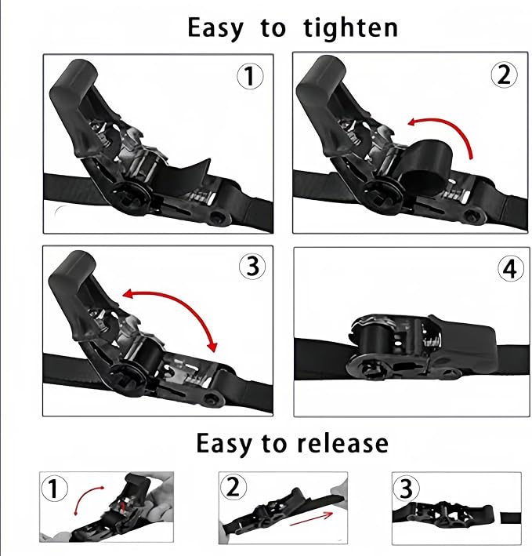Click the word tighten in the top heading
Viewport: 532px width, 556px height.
click(x=351, y=27)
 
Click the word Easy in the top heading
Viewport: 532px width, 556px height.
click(x=215, y=28)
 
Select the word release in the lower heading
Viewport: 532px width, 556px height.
click(x=343, y=443)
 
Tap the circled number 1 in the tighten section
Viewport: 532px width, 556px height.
click(x=250, y=76)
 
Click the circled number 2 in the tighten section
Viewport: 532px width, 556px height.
click(x=504, y=74)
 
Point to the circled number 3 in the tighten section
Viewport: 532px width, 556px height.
click(x=252, y=267)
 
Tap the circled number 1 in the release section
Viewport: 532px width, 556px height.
click(x=54, y=488)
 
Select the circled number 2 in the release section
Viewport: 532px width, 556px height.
click(x=233, y=486)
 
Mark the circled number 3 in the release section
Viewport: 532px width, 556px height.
click(x=406, y=488)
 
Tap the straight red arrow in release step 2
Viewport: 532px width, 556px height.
click(x=311, y=519)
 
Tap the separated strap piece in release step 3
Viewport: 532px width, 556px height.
click(x=510, y=518)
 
